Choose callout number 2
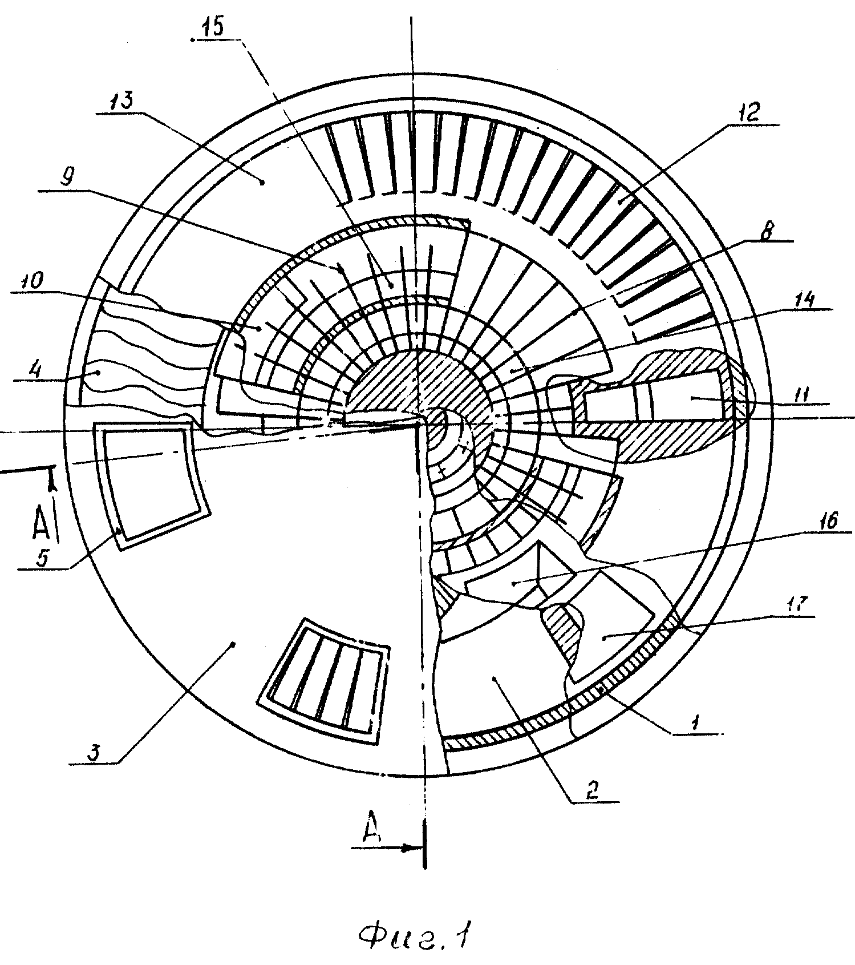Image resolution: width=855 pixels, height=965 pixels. tap(593, 790)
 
